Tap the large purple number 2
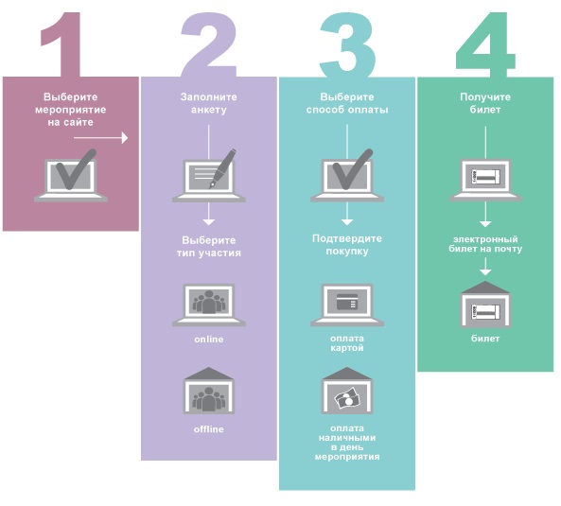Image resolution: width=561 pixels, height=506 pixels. (209, 44)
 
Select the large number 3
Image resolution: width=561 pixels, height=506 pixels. (347, 45)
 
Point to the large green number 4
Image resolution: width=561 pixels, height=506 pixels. (485, 45)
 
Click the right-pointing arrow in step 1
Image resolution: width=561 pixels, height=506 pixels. (101, 138)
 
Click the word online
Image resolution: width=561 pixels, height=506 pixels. (209, 339)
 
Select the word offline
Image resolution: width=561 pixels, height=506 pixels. (209, 429)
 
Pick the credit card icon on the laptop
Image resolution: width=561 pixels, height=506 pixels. (347, 303)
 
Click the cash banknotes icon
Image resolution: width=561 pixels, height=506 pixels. (347, 398)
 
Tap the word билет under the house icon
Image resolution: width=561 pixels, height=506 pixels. (485, 339)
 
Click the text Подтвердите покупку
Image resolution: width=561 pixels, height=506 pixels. (347, 245)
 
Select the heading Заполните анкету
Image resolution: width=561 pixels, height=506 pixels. (208, 103)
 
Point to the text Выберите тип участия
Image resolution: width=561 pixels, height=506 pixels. (209, 247)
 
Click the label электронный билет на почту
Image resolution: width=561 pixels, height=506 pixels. (485, 244)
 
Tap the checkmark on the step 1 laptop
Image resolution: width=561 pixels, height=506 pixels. (76, 169)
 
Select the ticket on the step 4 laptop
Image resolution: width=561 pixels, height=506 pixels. (485, 177)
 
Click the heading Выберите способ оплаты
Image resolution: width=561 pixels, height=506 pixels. (347, 103)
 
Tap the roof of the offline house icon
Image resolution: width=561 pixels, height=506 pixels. (209, 374)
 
